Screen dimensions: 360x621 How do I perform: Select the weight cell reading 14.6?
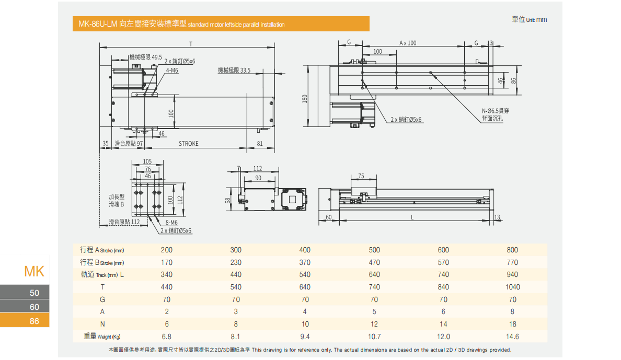point(512,337)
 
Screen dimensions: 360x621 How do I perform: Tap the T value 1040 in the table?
point(512,287)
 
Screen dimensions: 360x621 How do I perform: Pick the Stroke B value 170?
point(167,262)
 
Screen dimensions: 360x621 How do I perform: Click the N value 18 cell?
point(512,324)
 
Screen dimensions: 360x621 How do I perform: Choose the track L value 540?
point(305,274)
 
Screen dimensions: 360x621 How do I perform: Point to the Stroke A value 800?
point(512,250)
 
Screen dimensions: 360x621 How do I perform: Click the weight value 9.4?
point(305,337)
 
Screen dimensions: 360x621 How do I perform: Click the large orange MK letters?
point(34,272)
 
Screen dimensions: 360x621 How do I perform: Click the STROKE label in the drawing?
point(189,144)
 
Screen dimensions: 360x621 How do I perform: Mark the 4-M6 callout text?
point(172,70)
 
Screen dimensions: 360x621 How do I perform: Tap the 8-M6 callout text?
point(171,223)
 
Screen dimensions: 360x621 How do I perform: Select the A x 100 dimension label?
point(408,43)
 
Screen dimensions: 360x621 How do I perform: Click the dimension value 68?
point(228,200)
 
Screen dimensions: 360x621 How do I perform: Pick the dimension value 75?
point(361,176)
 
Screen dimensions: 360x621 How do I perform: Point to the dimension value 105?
point(147,161)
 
